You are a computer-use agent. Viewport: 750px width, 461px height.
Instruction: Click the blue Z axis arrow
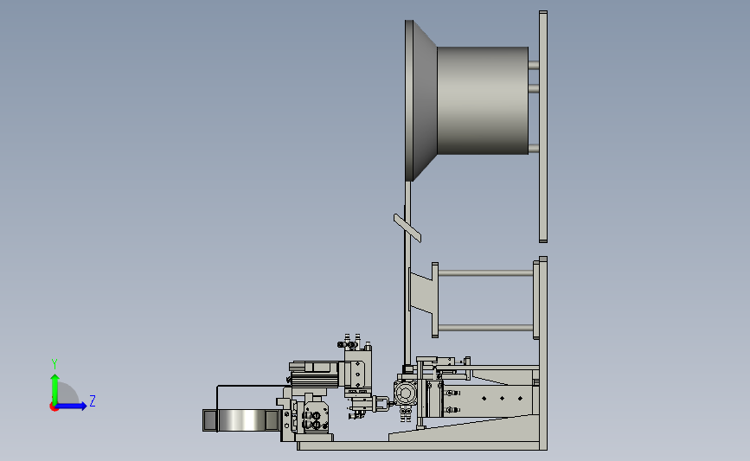pyautogui.click(x=71, y=406)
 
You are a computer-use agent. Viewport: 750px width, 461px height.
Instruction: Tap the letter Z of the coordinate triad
pyautogui.click(x=93, y=400)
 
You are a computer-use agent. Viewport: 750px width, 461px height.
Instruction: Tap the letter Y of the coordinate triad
pyautogui.click(x=54, y=364)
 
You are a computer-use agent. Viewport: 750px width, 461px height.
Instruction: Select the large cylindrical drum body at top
pyautogui.click(x=483, y=100)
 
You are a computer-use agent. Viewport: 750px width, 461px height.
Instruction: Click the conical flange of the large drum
pyautogui.click(x=421, y=100)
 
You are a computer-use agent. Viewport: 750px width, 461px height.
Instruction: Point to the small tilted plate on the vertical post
pyautogui.click(x=407, y=228)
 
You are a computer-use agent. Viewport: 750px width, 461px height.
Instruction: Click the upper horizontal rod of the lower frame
pyautogui.click(x=485, y=273)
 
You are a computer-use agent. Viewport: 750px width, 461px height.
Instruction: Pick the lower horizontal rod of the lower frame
pyautogui.click(x=485, y=328)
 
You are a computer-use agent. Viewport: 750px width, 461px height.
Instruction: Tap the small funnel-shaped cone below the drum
pyautogui.click(x=421, y=292)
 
